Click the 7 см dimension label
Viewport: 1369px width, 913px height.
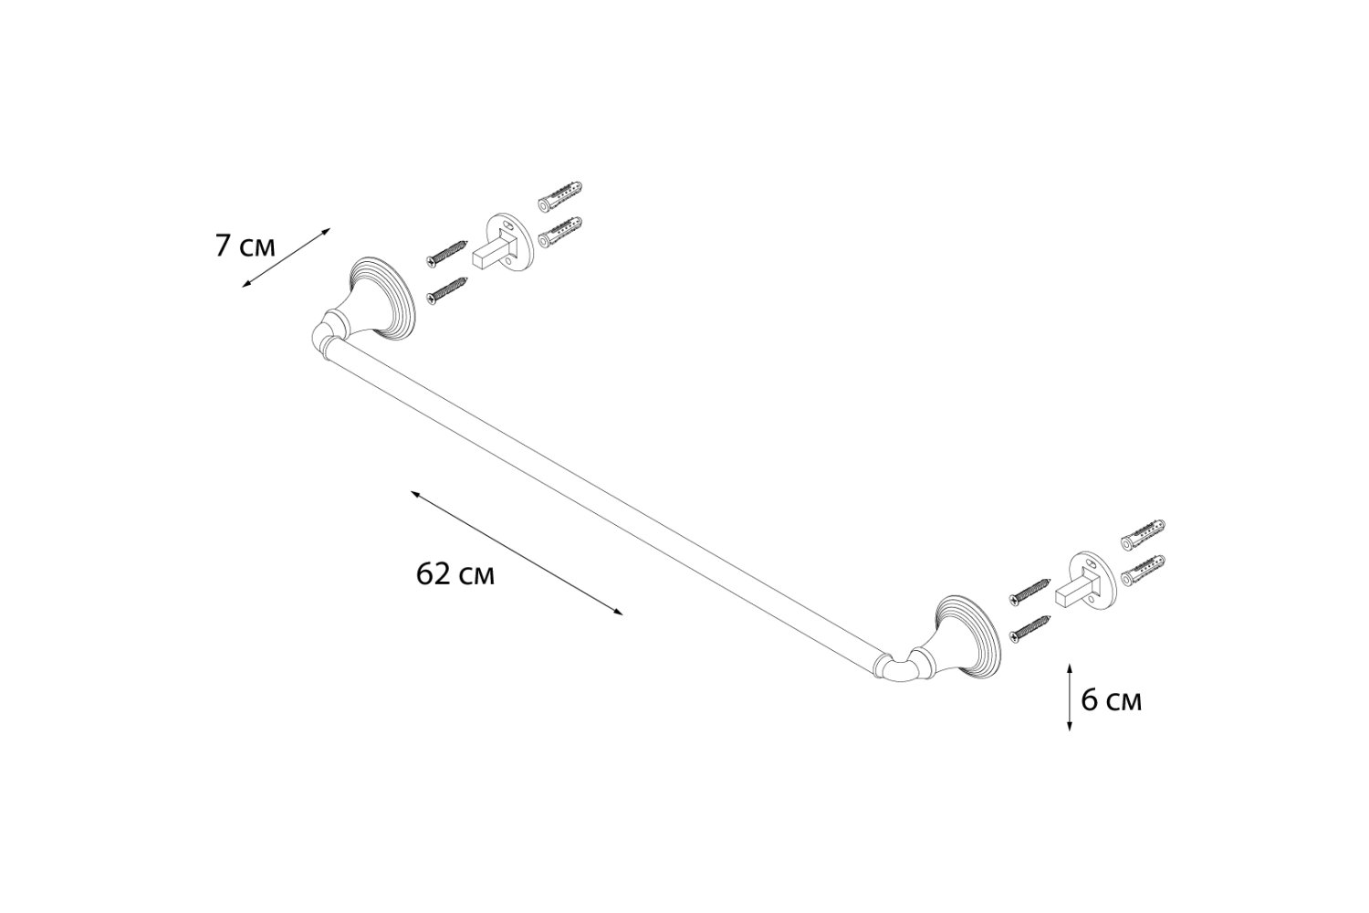pos(246,246)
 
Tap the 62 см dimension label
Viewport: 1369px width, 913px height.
pos(455,574)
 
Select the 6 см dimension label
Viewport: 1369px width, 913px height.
pos(1111,700)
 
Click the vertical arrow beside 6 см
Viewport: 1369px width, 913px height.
pos(1070,698)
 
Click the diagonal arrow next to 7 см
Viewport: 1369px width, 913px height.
pos(286,257)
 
